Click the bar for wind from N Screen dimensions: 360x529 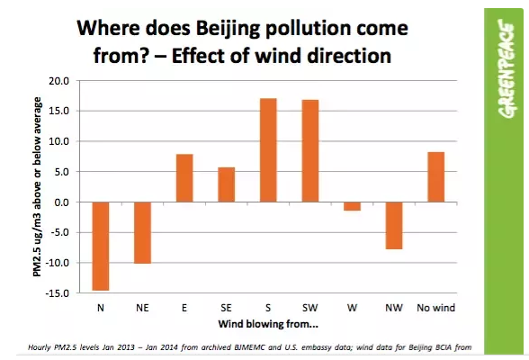click(100, 246)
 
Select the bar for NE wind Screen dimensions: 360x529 click(143, 232)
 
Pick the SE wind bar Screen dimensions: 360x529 click(227, 184)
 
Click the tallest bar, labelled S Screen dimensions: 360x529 click(268, 150)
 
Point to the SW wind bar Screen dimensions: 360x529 click(309, 151)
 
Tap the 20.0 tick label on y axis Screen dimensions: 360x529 click(58, 81)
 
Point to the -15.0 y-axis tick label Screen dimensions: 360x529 click(57, 292)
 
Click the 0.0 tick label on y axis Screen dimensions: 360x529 click(62, 202)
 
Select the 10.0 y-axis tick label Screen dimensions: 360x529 click(58, 141)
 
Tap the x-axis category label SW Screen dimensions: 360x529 click(310, 308)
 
